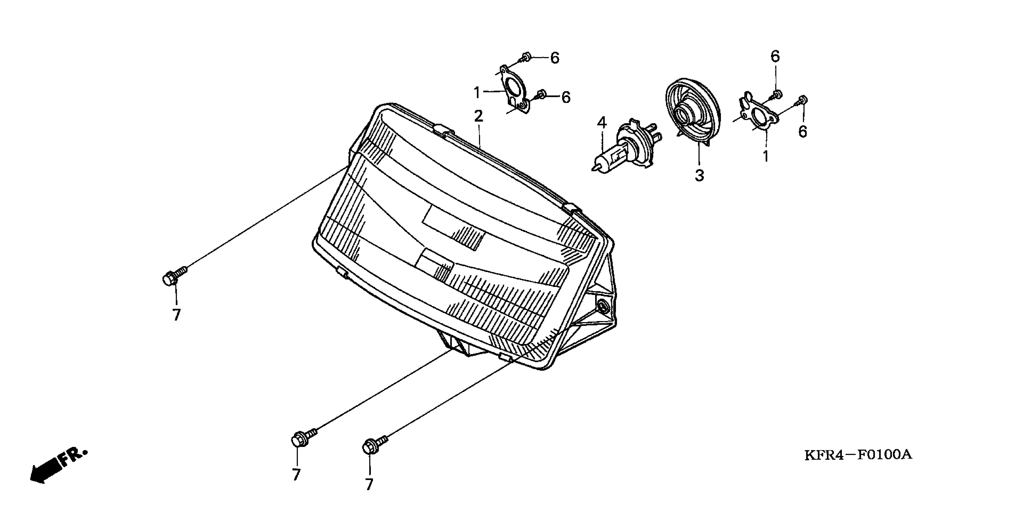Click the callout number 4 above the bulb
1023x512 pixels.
[602, 123]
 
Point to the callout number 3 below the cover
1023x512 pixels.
[699, 175]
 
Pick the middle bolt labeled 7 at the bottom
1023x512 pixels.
[302, 437]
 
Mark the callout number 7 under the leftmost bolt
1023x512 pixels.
[176, 315]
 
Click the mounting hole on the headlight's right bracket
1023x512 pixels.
[602, 305]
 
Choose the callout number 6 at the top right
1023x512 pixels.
[775, 56]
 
